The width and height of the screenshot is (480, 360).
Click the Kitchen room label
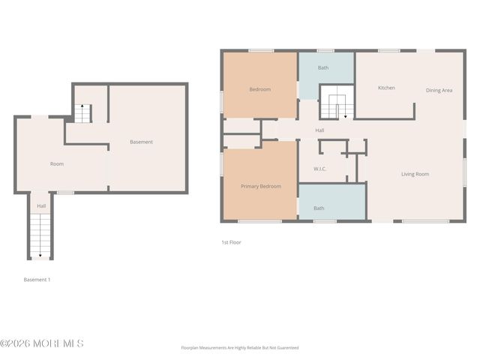tap(386, 88)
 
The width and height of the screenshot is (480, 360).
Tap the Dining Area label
tap(439, 91)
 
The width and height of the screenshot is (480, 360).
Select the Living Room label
tap(415, 174)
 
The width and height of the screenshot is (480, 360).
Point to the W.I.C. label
tap(321, 169)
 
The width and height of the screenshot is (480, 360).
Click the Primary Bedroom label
tap(260, 186)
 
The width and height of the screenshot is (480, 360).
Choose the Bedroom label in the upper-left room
tap(259, 89)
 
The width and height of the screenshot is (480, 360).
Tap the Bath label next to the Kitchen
tap(322, 68)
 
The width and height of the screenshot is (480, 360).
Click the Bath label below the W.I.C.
tap(319, 208)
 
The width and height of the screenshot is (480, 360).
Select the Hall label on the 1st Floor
tap(319, 130)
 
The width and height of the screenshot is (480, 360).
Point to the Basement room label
tap(141, 142)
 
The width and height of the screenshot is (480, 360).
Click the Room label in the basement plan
tap(57, 163)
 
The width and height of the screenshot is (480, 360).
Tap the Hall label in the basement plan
tap(41, 205)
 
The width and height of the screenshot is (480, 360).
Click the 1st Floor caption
tap(231, 242)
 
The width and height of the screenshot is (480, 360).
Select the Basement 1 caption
tap(37, 280)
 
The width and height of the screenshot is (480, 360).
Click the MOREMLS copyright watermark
tap(42, 343)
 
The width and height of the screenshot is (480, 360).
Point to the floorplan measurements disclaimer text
tap(239, 348)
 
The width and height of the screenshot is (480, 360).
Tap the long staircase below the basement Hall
tap(40, 235)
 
